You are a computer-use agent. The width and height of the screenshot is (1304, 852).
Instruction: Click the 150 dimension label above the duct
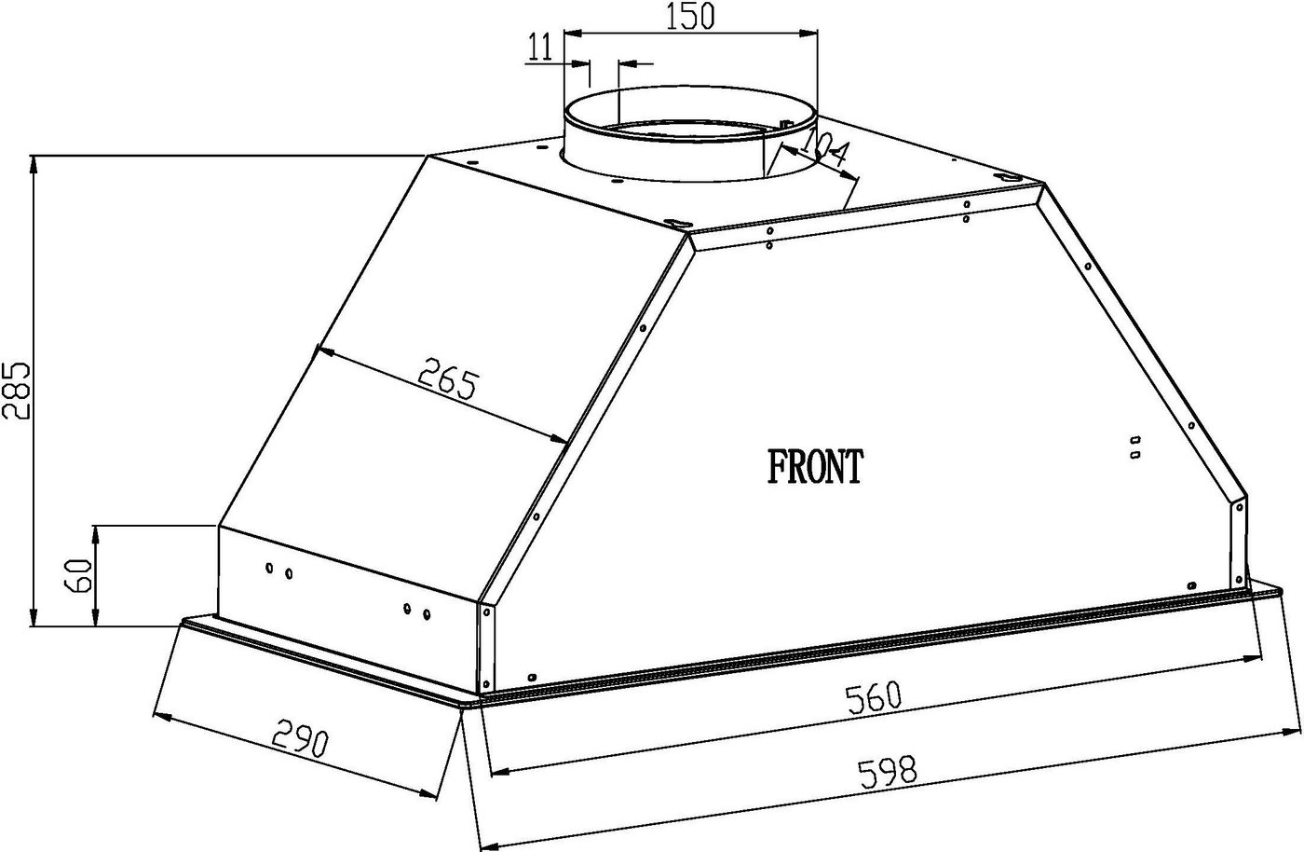[689, 17]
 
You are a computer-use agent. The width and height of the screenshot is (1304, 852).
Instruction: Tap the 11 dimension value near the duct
[541, 48]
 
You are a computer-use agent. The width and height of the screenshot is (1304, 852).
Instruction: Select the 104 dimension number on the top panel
[822, 153]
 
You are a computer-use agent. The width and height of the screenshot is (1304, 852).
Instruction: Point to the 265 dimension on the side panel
[447, 378]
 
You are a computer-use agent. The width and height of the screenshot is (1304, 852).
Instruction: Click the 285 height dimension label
[16, 390]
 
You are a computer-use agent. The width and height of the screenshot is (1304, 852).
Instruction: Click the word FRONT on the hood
[815, 466]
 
